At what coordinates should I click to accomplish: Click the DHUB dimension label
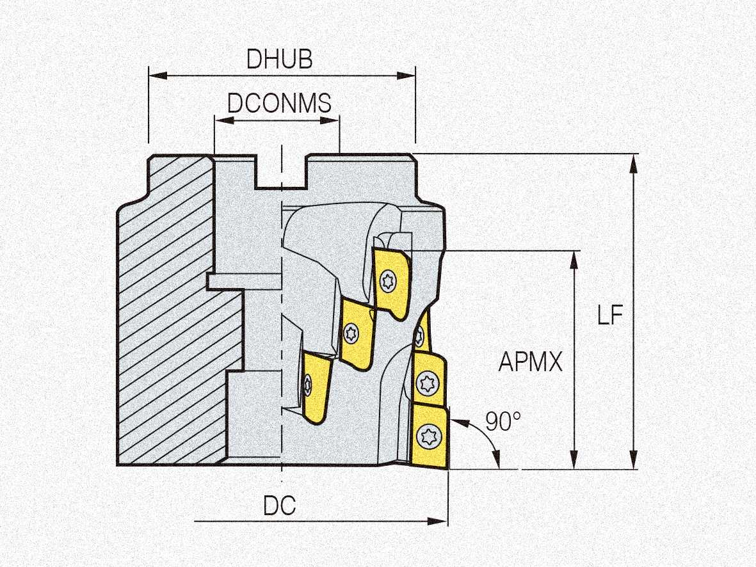[279, 60]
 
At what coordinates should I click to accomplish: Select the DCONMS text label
[280, 103]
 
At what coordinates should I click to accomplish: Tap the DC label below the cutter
[280, 506]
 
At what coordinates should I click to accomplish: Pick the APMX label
[531, 362]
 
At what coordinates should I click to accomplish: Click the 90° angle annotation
[503, 421]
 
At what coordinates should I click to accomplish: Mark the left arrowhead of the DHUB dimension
[157, 76]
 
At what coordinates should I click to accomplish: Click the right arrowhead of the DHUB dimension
[406, 76]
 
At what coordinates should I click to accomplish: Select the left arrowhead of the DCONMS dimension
[223, 120]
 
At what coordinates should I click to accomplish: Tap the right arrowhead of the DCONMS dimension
[330, 120]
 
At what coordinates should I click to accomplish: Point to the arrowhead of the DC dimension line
[438, 521]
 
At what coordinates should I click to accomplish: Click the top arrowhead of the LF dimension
[634, 163]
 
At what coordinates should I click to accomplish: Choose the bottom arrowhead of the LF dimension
[634, 459]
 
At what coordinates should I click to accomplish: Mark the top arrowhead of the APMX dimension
[574, 260]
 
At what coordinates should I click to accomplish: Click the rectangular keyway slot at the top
[281, 172]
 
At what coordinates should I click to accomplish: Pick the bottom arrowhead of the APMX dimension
[574, 459]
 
